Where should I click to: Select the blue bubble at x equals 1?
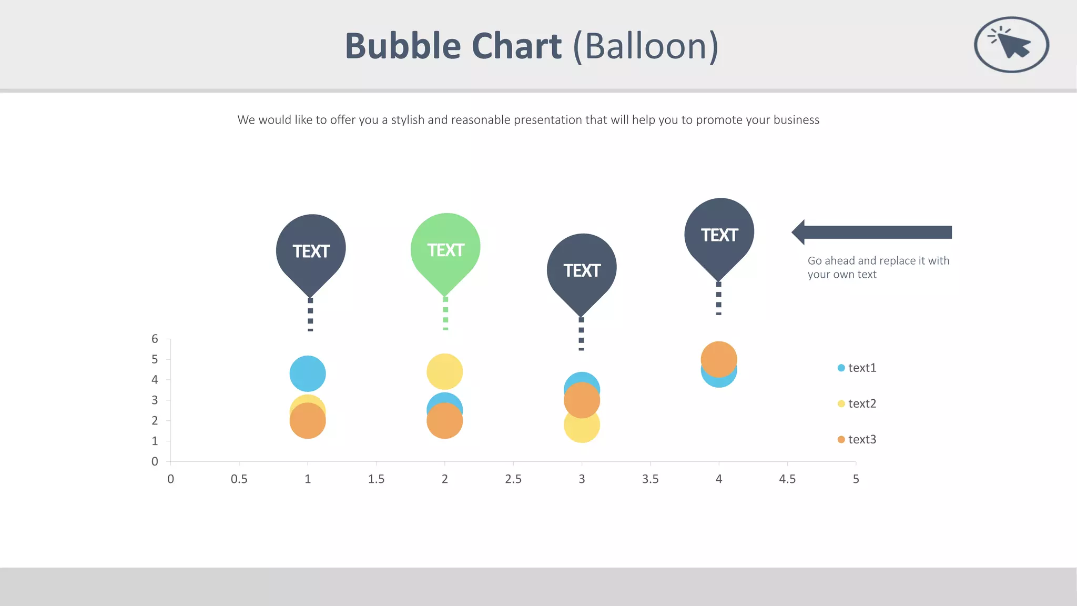(x=308, y=373)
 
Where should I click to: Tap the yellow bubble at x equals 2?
(x=444, y=371)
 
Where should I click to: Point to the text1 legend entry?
(x=857, y=368)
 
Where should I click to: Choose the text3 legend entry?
(x=857, y=439)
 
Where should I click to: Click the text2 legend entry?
(x=857, y=403)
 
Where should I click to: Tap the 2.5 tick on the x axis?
(x=513, y=479)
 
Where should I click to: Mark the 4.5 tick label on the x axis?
(x=787, y=479)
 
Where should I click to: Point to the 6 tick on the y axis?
(x=155, y=339)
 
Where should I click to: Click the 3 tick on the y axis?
(x=155, y=400)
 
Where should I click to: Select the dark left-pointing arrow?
(x=873, y=233)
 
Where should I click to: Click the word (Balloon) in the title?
(x=646, y=46)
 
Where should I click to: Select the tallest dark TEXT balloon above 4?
(x=719, y=235)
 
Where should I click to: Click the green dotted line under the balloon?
(x=445, y=314)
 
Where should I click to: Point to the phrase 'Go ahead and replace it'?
(x=862, y=261)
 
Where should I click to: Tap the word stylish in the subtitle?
(x=408, y=120)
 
